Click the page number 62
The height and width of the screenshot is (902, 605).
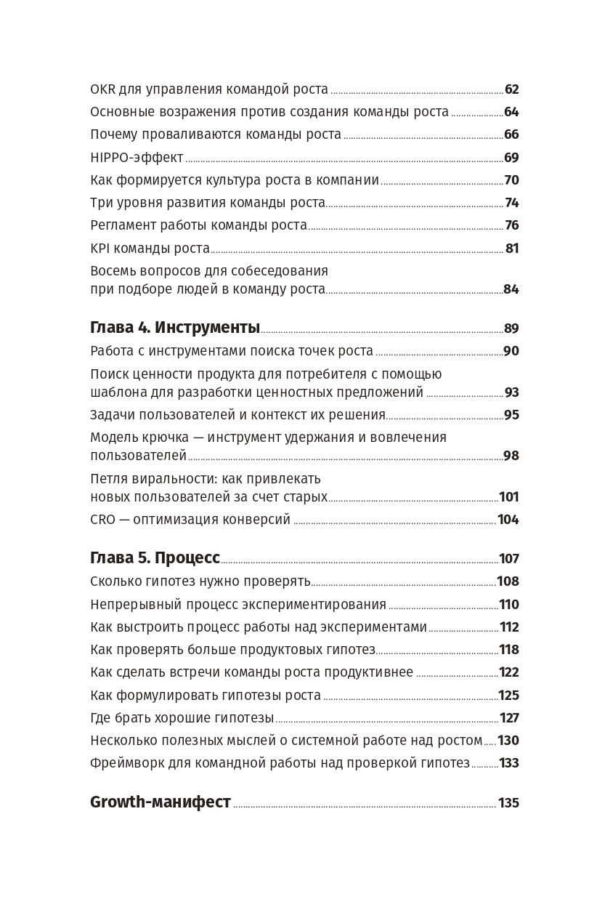tap(511, 89)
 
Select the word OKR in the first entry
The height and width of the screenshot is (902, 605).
tap(102, 89)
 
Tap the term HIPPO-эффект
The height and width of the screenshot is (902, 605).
tap(137, 158)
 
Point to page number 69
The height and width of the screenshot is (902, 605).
tap(511, 158)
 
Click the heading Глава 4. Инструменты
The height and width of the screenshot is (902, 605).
tap(175, 328)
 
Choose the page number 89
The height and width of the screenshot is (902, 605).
tap(511, 329)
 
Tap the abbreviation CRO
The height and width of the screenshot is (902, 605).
tap(102, 520)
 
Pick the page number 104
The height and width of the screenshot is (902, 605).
tap(508, 520)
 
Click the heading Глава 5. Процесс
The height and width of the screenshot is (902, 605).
tap(155, 558)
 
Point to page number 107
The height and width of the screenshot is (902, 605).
tap(508, 559)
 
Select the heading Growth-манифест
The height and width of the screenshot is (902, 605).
tap(161, 802)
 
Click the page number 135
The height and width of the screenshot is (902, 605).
tap(508, 803)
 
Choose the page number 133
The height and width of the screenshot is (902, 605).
tap(508, 763)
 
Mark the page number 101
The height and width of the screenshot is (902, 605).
tap(508, 497)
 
